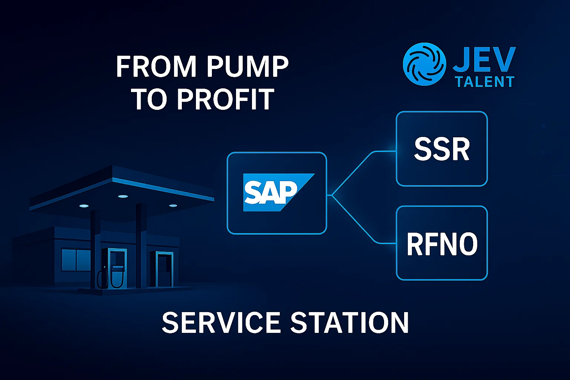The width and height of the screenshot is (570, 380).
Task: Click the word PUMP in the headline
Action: click(248, 67)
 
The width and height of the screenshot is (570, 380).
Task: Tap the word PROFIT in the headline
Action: click(225, 99)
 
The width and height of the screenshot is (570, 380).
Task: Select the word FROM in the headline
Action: click(156, 67)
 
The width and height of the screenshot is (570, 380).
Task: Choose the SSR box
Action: click(442, 149)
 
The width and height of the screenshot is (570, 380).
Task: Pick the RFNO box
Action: click(442, 243)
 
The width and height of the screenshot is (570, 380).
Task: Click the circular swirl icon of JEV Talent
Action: click(424, 64)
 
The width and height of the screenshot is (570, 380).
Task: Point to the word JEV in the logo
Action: click(484, 59)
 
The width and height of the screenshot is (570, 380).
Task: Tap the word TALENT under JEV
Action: click(485, 82)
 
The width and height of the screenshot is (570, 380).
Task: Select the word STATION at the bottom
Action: click(349, 322)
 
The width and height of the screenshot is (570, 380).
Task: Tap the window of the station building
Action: click(76, 260)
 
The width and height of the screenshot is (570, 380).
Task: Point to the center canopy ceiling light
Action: click(123, 196)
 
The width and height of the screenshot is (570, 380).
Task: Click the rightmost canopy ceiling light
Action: click(173, 205)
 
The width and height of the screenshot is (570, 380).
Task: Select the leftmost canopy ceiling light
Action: click(84, 205)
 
